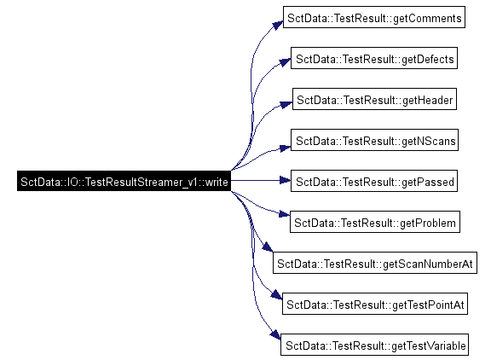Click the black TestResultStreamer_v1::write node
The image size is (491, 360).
point(124,181)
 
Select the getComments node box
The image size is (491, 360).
point(374,17)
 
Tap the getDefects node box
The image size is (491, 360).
point(374,58)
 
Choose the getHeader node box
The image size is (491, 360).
point(374,99)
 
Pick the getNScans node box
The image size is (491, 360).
point(374,140)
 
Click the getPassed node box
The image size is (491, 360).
point(374,181)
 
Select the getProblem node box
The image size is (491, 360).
point(375,222)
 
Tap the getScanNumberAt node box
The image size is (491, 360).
point(375,263)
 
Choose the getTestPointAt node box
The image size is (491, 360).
point(375,304)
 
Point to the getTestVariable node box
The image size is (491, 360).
point(374,345)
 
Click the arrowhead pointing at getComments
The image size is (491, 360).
point(277,25)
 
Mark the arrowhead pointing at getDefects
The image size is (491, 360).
point(285,62)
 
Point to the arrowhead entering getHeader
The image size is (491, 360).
point(286,104)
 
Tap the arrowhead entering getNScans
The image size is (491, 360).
point(285,148)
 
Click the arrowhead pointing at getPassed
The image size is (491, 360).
point(285,180)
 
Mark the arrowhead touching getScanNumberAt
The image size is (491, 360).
point(268,247)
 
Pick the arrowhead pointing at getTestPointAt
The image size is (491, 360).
point(276,294)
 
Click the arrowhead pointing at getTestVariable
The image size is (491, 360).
point(275,334)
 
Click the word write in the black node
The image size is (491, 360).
point(217,182)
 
